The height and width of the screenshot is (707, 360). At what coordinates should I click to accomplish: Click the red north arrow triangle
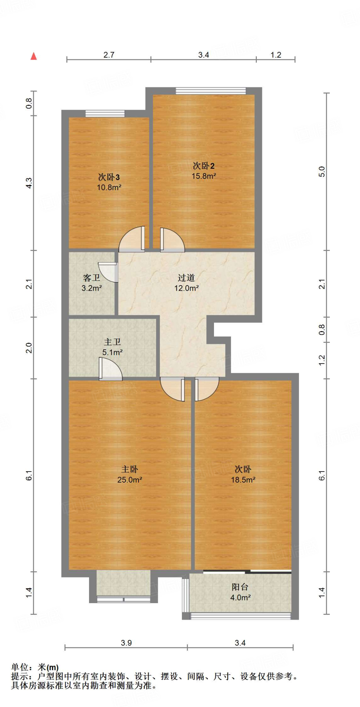33,56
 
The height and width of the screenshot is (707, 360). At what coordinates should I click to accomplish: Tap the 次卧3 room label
109,177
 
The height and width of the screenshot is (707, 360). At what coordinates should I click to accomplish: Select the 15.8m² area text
204,176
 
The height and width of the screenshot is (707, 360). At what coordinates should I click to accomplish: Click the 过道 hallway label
186,278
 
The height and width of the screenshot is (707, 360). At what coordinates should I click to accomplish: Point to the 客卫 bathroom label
91,278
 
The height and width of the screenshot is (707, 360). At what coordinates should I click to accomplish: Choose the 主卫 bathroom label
113,342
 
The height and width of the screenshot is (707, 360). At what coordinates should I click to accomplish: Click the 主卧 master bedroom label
130,469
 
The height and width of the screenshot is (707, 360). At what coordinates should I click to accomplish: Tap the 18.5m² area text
243,480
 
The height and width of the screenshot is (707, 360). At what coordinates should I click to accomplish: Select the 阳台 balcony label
240,587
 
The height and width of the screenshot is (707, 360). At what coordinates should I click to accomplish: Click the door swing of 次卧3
132,238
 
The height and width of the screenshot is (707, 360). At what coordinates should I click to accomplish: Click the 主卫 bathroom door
111,369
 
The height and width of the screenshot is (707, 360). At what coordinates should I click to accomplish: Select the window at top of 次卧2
211,91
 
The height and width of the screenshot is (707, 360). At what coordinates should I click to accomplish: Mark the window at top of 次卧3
105,114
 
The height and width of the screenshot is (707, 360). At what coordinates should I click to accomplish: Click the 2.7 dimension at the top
109,55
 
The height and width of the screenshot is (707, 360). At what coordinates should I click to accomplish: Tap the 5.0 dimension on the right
322,172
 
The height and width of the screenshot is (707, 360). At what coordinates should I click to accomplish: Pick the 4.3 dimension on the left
29,183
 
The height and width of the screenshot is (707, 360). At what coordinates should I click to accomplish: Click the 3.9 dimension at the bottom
126,643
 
